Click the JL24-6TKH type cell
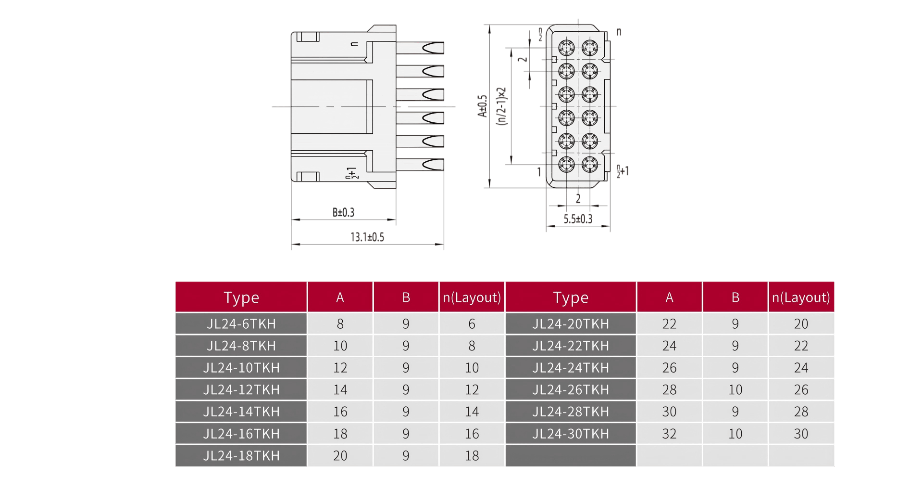coord(241,324)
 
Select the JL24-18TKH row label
coord(241,456)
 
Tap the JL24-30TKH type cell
coord(570,434)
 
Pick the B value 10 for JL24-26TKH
coord(735,390)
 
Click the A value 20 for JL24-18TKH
coord(340,456)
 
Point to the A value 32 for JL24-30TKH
coord(669,434)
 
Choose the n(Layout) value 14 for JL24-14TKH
coord(472,412)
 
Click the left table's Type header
coord(241,297)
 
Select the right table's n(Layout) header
coord(801,297)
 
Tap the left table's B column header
coord(406,297)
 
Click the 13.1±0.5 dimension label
coord(367,237)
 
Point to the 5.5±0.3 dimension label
coord(578,219)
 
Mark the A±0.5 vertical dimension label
coord(482,106)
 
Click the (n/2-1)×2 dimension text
coord(501,106)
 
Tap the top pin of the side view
coord(420,48)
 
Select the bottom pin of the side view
coord(420,165)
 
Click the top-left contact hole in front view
coord(566,48)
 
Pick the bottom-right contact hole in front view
coord(590,165)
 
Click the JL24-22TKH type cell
coord(570,346)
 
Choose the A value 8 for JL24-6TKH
coord(340,324)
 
